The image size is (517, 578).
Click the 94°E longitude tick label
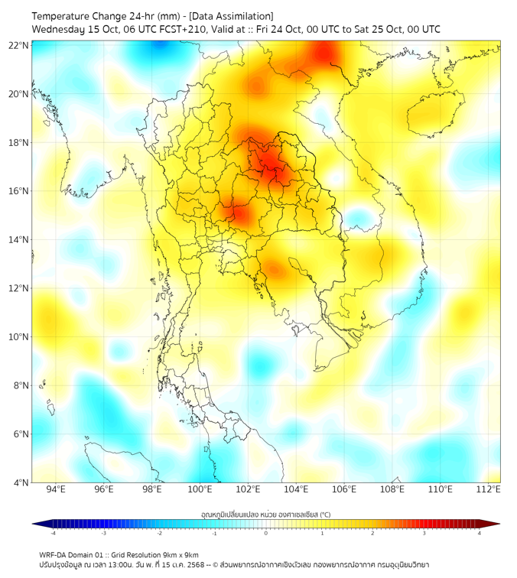click(56, 489)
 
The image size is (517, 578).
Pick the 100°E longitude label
click(200, 489)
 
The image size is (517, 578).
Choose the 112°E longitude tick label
click(489, 489)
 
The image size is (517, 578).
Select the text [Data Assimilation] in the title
click(229, 16)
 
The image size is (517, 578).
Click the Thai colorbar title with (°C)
click(265, 513)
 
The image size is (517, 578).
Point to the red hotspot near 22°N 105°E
click(324, 53)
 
